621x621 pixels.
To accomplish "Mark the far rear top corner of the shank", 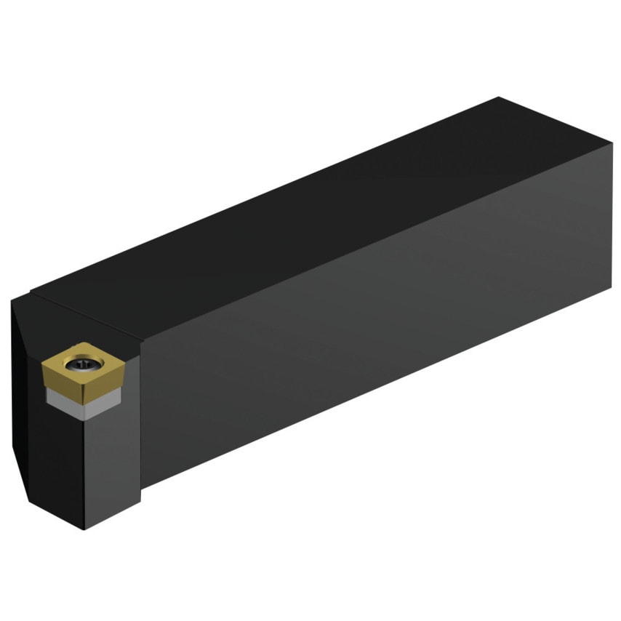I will click(x=499, y=97).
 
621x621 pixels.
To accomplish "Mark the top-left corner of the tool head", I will click(x=14, y=302).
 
